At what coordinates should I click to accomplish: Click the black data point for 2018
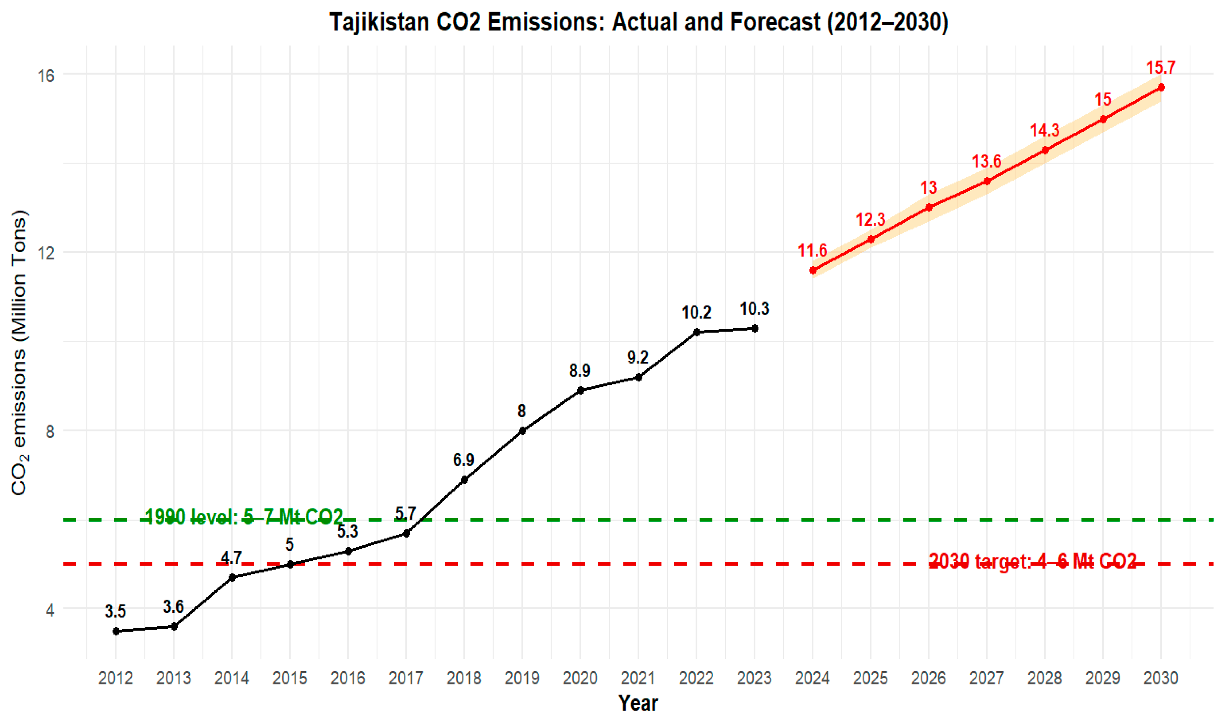point(464,480)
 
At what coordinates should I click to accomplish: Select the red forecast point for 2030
point(1161,87)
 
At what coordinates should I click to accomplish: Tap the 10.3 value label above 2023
point(754,309)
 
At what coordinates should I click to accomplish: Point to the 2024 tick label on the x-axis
point(812,678)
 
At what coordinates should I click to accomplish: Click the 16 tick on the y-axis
point(46,75)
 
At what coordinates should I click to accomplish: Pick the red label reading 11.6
point(812,251)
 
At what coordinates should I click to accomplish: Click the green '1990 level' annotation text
point(244,517)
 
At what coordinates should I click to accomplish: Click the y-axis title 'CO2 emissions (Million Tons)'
point(20,353)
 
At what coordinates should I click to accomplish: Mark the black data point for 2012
point(116,631)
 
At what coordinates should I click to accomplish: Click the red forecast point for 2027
point(987,181)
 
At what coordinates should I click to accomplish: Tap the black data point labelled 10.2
point(696,332)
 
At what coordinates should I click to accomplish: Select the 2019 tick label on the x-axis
point(522,678)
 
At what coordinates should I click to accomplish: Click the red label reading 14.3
point(1045,130)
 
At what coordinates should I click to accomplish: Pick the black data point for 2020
point(580,390)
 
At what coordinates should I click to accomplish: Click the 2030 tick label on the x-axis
point(1161,678)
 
